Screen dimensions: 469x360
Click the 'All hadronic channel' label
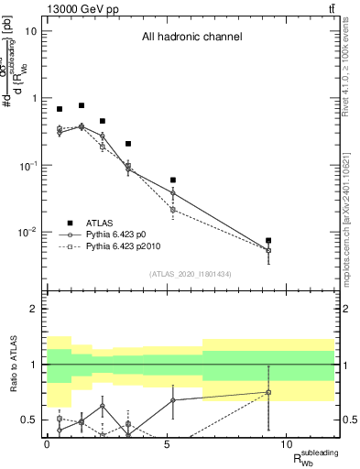(x=191, y=38)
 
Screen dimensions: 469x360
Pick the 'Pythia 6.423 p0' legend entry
(x=121, y=234)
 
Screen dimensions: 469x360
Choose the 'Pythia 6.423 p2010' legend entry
(x=127, y=246)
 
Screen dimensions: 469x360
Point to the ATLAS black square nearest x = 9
(x=268, y=241)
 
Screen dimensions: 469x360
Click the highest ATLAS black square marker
(x=82, y=106)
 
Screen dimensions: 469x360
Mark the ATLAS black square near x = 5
(x=173, y=180)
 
